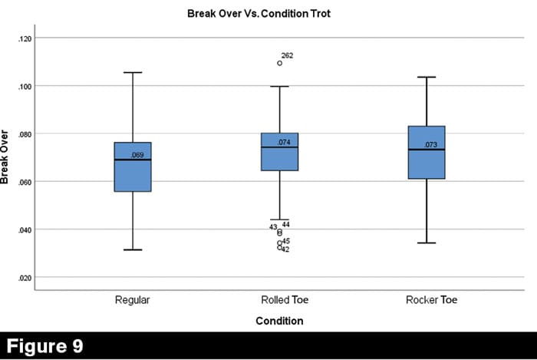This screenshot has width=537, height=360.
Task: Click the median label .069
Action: coord(137,155)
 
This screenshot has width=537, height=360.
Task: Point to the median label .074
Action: coord(283,142)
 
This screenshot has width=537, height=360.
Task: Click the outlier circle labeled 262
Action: coord(279,63)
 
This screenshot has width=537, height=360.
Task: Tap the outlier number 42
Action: coord(285,249)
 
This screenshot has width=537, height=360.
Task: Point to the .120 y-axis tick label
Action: coord(24,38)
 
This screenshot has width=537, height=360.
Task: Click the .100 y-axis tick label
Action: coord(24,86)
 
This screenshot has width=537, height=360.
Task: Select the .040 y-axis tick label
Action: coord(24,230)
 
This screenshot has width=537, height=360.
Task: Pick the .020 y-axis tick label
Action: coord(24,278)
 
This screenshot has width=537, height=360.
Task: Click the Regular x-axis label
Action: coord(132,300)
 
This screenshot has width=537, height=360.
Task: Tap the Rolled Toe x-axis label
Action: coord(278,300)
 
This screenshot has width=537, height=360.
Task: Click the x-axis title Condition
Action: coord(278,321)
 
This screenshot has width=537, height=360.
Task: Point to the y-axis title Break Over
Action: coord(7,158)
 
